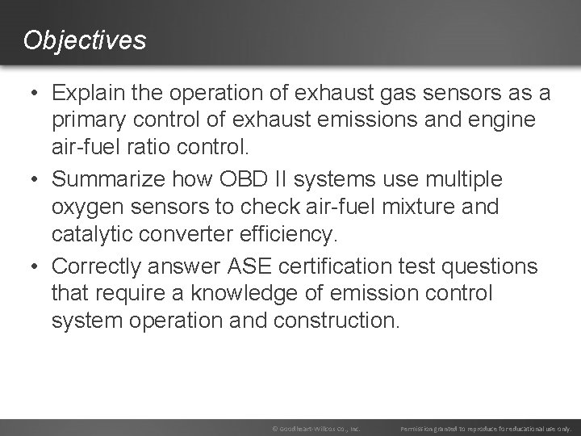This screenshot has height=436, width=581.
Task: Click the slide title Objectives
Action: [x=85, y=40]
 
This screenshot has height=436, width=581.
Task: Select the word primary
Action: [x=86, y=121]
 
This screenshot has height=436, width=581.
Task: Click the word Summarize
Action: [x=108, y=178]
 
